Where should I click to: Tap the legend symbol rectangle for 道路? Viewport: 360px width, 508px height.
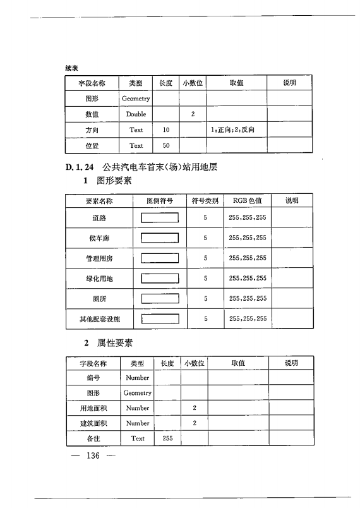(160, 218)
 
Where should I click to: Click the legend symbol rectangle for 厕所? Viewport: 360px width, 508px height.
(160, 298)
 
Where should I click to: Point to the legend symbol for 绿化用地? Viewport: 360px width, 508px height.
(160, 278)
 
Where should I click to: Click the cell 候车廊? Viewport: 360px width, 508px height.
(99, 238)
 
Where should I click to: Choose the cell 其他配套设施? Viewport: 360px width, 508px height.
(99, 319)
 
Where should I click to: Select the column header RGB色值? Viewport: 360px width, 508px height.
(247, 201)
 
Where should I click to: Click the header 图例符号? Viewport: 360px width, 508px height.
(160, 201)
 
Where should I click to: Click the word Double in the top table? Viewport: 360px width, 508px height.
(136, 114)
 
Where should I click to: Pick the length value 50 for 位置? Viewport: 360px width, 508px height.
(166, 145)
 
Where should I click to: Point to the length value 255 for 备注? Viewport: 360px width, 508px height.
(167, 438)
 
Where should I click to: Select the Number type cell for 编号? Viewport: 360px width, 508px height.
(138, 378)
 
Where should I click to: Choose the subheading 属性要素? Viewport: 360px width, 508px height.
(114, 343)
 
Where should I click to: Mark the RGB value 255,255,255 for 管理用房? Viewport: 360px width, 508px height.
(248, 258)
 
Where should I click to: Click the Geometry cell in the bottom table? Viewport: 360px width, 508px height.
(138, 393)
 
